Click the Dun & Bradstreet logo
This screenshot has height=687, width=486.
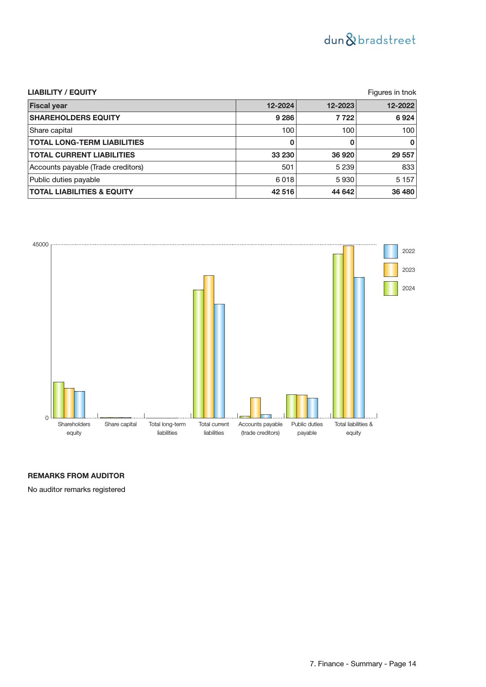370,40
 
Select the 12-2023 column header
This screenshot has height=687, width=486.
340,106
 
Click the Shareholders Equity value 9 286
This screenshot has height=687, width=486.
285,118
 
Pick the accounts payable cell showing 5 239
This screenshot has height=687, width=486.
345,167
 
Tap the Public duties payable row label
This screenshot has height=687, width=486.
65,180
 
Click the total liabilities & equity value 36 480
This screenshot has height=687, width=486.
403,192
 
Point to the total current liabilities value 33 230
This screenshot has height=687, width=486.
283,155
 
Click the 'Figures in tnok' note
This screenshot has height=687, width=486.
392,92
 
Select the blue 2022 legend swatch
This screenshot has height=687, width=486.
390,251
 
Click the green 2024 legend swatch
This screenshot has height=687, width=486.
390,288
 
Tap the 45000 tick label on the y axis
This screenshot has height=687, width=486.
40,245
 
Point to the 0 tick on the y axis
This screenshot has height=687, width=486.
47,418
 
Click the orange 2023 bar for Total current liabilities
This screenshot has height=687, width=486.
209,347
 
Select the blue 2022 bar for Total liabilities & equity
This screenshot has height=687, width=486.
359,348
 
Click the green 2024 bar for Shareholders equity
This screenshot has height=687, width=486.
59,400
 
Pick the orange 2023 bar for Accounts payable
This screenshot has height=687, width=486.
255,408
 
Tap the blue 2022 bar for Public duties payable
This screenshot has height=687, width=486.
313,408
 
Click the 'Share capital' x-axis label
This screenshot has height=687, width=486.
121,424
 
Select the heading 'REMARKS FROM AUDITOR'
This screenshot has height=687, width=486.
76,476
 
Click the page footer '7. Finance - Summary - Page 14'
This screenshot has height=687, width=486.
363,664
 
